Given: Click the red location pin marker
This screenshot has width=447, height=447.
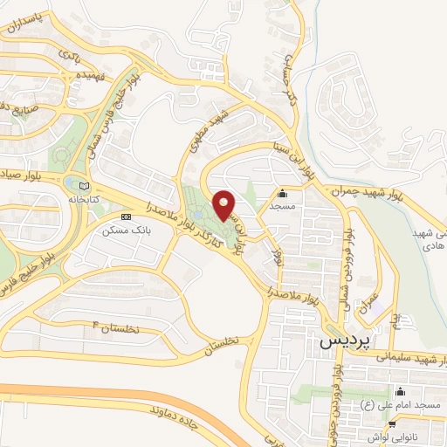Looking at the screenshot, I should click(223, 205).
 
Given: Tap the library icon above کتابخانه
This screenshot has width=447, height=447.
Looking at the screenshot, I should click(83, 185).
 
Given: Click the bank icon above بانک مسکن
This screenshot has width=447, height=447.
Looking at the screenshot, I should click(127, 217).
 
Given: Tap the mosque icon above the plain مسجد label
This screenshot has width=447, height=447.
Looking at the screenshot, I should click(282, 194).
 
